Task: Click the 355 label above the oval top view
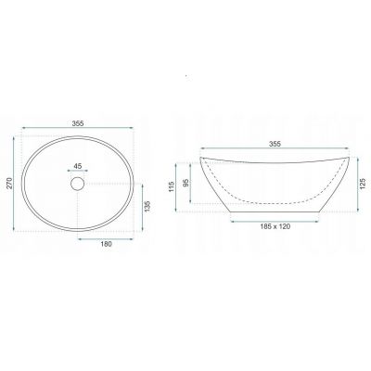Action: coord(78,123)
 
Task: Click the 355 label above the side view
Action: coord(275,144)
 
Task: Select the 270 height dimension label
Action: coord(9,183)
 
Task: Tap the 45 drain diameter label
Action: coord(78,166)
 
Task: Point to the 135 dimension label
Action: coord(147,207)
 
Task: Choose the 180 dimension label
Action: coord(106,244)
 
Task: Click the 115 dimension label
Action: coord(172,186)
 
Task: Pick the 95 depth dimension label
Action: coord(185,183)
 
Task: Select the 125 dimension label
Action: coord(363,184)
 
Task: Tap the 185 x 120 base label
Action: coord(275,226)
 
